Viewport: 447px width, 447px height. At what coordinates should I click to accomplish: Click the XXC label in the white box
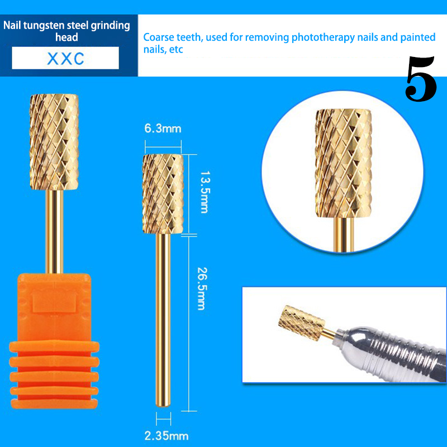pyautogui.click(x=65, y=59)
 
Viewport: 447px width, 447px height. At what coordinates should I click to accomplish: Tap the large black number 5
pyautogui.click(x=421, y=78)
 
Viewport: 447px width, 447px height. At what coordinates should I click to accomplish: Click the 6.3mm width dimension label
pyautogui.click(x=163, y=129)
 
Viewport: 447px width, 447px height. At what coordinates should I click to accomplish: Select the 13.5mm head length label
pyautogui.click(x=204, y=192)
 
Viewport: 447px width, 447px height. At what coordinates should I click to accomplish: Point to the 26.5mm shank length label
pyautogui.click(x=202, y=288)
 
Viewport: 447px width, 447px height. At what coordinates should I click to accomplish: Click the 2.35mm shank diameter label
pyautogui.click(x=167, y=436)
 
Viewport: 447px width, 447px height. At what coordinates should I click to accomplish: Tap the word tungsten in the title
pyautogui.click(x=44, y=25)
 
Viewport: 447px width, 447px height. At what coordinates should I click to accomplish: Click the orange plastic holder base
pyautogui.click(x=54, y=341)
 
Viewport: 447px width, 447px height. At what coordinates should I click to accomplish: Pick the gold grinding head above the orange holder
pyautogui.click(x=54, y=142)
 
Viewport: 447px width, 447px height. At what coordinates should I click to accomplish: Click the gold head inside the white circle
pyautogui.click(x=344, y=163)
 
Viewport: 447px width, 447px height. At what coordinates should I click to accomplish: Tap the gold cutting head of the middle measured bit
pyautogui.click(x=163, y=194)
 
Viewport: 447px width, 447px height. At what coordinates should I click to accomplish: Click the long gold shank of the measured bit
pyautogui.click(x=163, y=320)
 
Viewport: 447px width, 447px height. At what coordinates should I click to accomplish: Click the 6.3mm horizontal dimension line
pyautogui.click(x=163, y=147)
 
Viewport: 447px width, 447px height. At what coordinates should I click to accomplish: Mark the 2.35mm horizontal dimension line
pyautogui.click(x=163, y=419)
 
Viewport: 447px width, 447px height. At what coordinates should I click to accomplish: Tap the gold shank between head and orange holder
pyautogui.click(x=54, y=231)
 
